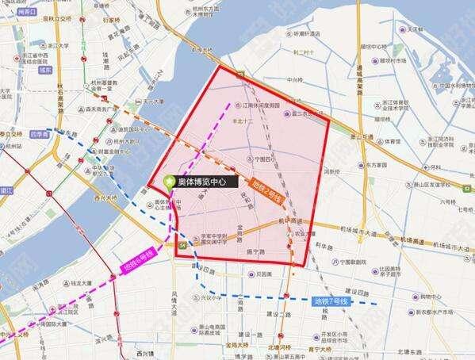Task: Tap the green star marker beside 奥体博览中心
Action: coord(169,182)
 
